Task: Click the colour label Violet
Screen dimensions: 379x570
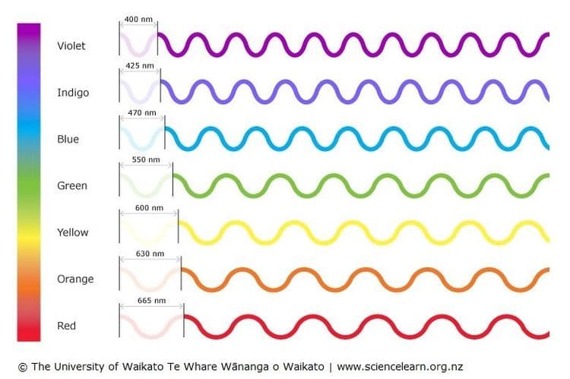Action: click(x=71, y=46)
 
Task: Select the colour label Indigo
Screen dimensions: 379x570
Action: click(x=73, y=93)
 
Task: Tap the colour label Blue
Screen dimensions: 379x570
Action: click(x=68, y=140)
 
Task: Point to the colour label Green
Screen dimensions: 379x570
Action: click(x=72, y=186)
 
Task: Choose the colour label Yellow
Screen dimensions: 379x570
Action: click(x=73, y=232)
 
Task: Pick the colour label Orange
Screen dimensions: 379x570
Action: click(x=75, y=280)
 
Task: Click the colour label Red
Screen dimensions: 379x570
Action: click(x=67, y=326)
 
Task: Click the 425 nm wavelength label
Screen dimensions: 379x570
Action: click(x=140, y=66)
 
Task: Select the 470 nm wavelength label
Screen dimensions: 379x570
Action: click(x=142, y=113)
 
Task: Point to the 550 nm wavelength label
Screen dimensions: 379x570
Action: click(x=146, y=159)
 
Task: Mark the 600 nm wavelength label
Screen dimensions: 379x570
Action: click(x=149, y=207)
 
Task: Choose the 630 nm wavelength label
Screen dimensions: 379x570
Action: click(x=150, y=254)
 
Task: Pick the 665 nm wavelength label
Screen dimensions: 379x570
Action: click(x=151, y=301)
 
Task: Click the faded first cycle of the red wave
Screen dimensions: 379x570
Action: click(x=151, y=325)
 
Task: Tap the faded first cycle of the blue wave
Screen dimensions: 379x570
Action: click(x=142, y=138)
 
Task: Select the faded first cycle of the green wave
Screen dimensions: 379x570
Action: click(x=146, y=185)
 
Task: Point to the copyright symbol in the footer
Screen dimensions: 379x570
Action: click(x=22, y=367)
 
